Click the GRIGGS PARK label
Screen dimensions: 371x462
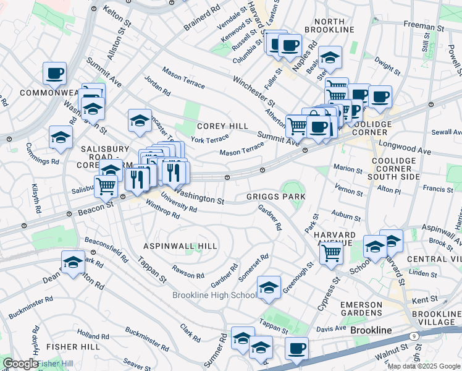click(x=276, y=197)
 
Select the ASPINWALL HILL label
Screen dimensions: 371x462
click(x=180, y=246)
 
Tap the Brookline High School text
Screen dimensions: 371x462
click(x=214, y=295)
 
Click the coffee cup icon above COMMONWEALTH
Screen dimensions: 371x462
click(x=54, y=73)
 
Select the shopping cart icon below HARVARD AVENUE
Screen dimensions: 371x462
click(x=332, y=252)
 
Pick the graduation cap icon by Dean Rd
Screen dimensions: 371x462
click(x=73, y=262)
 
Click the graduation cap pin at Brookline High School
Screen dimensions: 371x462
click(x=269, y=288)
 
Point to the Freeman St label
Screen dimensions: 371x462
click(x=424, y=28)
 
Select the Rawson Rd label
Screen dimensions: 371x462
click(x=188, y=271)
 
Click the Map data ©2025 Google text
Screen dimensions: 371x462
click(x=424, y=366)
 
